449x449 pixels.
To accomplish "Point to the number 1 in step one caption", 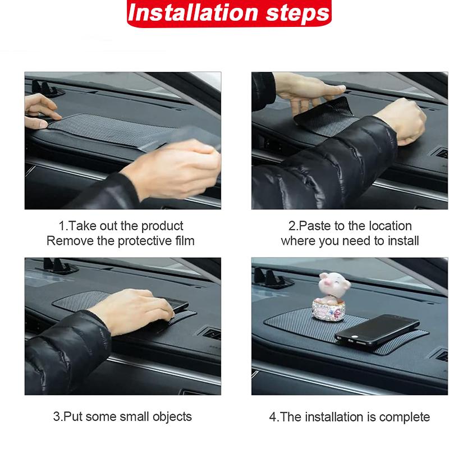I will [62, 226].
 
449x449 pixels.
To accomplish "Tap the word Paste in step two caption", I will [310, 226].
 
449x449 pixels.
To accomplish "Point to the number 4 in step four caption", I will [272, 417].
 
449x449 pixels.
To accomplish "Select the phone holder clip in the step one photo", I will [45, 88].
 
